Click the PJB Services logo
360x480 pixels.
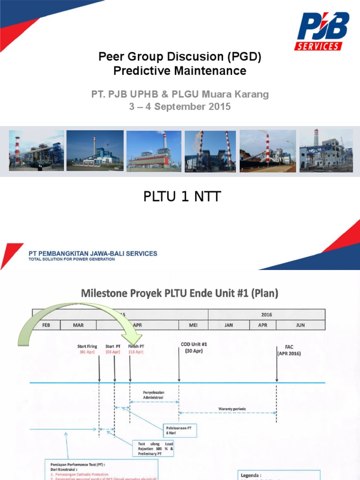(321, 31)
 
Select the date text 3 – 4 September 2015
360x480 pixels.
(180, 106)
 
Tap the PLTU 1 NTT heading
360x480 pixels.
(181, 197)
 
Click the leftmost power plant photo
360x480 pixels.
(37, 150)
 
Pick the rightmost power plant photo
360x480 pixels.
(326, 150)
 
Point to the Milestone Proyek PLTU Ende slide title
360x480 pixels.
(180, 294)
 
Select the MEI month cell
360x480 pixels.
(193, 325)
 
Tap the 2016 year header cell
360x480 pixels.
(266, 315)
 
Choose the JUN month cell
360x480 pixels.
(300, 325)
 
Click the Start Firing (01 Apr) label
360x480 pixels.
(88, 349)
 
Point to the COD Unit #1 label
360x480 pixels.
(194, 347)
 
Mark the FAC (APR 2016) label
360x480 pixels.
(288, 351)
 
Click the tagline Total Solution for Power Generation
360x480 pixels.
(71, 259)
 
